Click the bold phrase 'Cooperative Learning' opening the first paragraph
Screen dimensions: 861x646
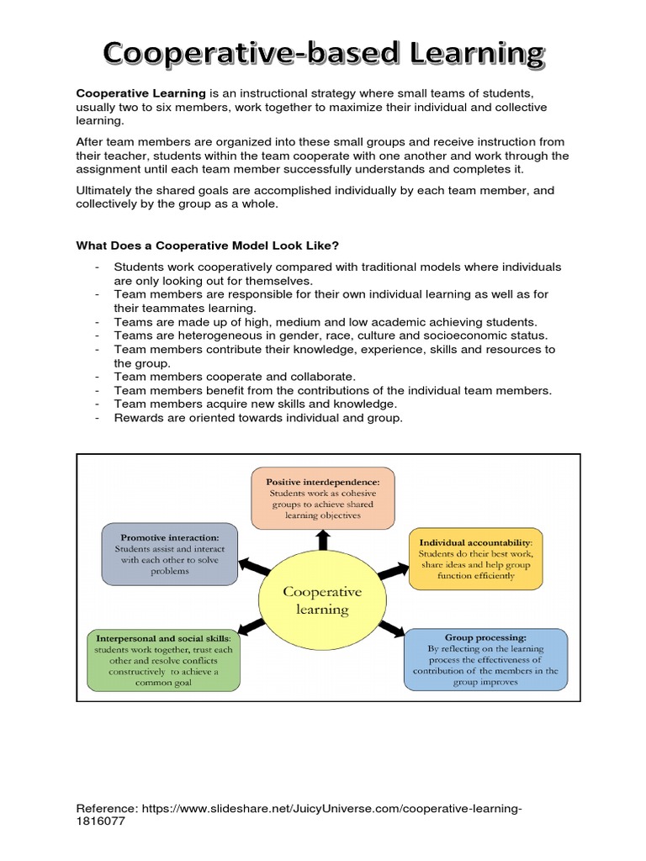(140, 92)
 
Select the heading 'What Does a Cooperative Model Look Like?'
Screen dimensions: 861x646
(208, 246)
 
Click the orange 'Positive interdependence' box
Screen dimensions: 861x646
(323, 499)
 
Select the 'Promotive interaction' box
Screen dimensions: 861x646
(158, 553)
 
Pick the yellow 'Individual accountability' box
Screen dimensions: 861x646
(476, 560)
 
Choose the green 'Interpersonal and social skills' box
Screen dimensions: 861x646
(163, 660)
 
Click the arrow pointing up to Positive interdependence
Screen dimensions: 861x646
(321, 539)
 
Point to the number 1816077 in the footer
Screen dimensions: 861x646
(101, 821)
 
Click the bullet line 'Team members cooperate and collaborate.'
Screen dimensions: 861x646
(235, 377)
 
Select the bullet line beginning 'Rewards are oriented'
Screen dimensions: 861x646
(258, 417)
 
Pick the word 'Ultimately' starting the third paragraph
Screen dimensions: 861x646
(104, 191)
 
